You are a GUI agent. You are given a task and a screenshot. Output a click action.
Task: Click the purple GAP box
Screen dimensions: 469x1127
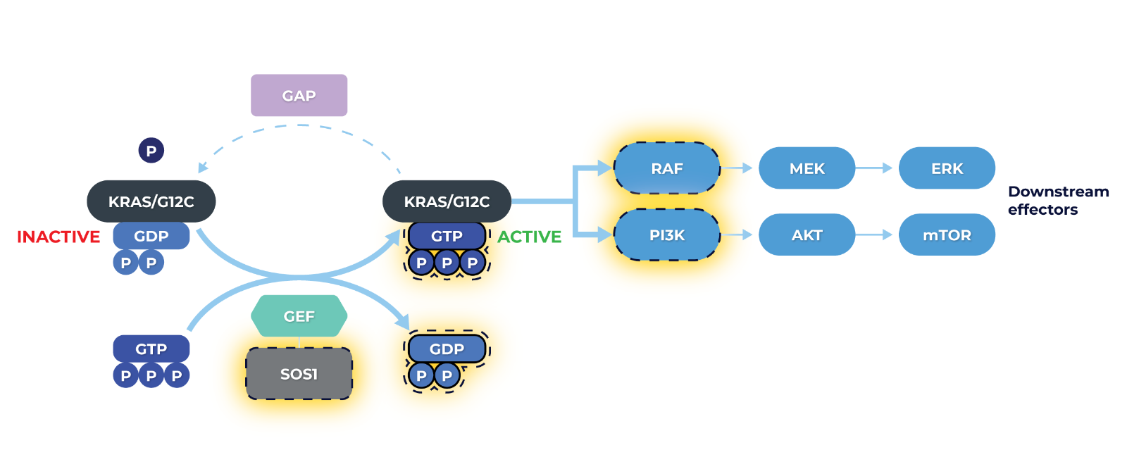299,95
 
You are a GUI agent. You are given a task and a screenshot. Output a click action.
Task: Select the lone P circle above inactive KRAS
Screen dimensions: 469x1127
151,150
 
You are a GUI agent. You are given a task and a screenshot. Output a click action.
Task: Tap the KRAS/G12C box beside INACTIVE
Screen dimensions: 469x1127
151,201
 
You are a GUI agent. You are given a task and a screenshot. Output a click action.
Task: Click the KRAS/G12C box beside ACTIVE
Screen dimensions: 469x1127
447,201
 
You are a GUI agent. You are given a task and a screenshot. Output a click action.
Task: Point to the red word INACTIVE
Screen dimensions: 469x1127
58,237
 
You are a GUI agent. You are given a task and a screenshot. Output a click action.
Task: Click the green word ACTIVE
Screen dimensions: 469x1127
529,237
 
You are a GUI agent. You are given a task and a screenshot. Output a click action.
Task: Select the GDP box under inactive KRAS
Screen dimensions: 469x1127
151,236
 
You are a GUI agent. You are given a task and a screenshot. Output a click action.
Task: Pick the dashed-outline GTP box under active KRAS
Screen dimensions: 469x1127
447,236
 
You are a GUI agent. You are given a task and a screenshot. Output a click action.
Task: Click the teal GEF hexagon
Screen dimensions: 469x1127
299,316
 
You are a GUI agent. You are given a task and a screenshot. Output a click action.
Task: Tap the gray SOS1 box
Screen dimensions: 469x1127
299,374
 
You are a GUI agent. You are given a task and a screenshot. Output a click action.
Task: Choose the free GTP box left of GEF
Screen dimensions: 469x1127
151,349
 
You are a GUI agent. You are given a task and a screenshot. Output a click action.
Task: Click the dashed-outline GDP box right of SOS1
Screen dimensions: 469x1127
447,349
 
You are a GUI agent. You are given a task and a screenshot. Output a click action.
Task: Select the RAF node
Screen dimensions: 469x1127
666,168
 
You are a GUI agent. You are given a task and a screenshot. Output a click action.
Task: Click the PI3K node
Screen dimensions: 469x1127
666,235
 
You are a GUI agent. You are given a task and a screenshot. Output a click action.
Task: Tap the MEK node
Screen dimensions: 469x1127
807,168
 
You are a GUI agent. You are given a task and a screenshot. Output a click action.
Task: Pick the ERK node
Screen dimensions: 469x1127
947,168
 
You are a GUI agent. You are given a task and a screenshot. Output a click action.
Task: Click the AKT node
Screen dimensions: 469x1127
807,235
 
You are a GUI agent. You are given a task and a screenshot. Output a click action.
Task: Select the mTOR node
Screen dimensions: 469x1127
947,235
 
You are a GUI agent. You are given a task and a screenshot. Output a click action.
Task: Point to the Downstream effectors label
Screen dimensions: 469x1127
1057,201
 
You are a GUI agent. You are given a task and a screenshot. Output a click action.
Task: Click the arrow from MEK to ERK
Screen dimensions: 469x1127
874,168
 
